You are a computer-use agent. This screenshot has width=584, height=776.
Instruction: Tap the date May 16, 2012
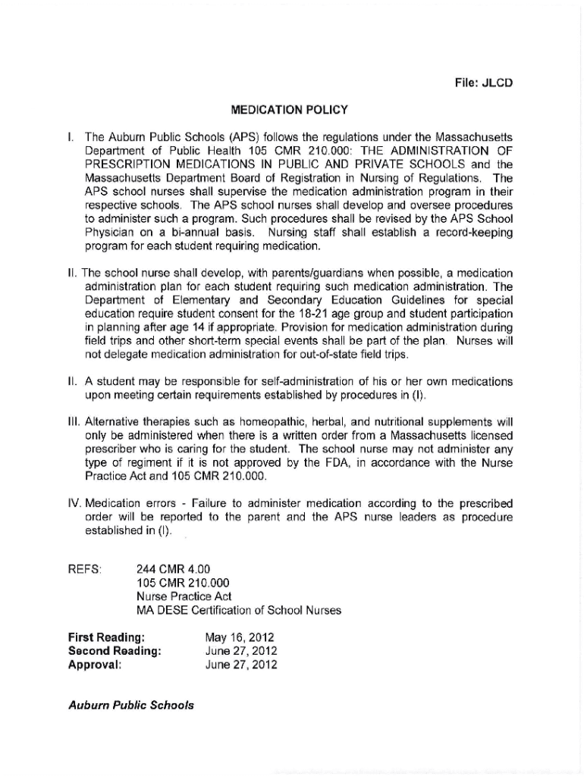point(240,638)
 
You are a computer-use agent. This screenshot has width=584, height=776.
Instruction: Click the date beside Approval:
point(241,665)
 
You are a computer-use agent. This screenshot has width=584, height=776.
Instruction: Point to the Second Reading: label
point(115,652)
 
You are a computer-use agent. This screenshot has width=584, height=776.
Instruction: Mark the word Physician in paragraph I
point(107,233)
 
